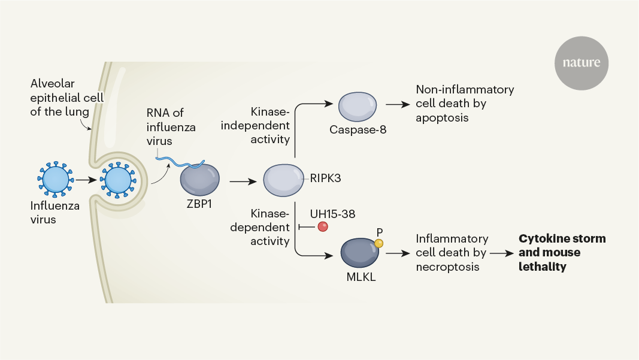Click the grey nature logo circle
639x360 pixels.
click(x=582, y=63)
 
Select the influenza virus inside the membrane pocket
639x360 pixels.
click(x=117, y=179)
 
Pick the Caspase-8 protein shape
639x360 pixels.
click(x=358, y=108)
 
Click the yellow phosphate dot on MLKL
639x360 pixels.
click(x=378, y=242)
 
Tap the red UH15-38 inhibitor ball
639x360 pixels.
click(x=323, y=227)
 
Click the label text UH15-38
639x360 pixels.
click(x=329, y=213)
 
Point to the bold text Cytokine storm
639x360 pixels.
click(x=562, y=239)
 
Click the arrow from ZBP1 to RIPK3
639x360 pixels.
click(x=242, y=179)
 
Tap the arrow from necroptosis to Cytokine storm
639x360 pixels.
click(x=502, y=253)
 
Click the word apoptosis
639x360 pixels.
click(x=443, y=118)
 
